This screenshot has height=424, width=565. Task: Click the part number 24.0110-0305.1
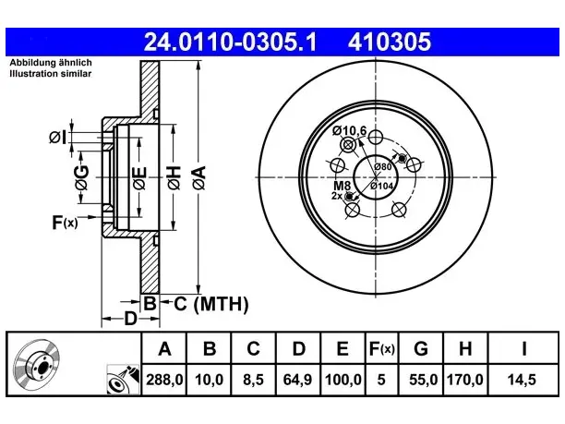pos(230,42)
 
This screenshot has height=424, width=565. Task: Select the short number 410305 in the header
pos(390,42)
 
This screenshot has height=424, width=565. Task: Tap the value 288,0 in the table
pos(164,380)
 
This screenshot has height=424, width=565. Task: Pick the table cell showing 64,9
pos(297,380)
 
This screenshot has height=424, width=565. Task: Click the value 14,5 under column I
pos(522,380)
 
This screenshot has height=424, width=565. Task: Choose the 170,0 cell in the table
pos(464,380)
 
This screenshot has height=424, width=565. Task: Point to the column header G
pos(421,348)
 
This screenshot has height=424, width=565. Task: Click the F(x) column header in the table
pos(382,349)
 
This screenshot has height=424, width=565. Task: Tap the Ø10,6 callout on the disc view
pos(349,130)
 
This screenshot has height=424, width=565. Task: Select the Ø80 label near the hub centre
pos(383,166)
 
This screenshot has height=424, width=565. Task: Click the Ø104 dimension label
pos(382,186)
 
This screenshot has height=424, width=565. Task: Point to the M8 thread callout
pos(342,186)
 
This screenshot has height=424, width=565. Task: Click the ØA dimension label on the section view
pos(199,177)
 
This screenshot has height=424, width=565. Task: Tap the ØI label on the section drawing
pos(58,138)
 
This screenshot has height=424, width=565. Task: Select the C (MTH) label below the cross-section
pos(211,304)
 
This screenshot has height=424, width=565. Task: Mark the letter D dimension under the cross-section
pos(130,319)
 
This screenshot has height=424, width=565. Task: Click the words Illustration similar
pos(51,74)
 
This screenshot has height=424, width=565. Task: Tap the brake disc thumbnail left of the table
pos(36,364)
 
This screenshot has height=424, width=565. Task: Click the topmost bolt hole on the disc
pos(376,137)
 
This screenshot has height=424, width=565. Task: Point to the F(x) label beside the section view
pos(65,223)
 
